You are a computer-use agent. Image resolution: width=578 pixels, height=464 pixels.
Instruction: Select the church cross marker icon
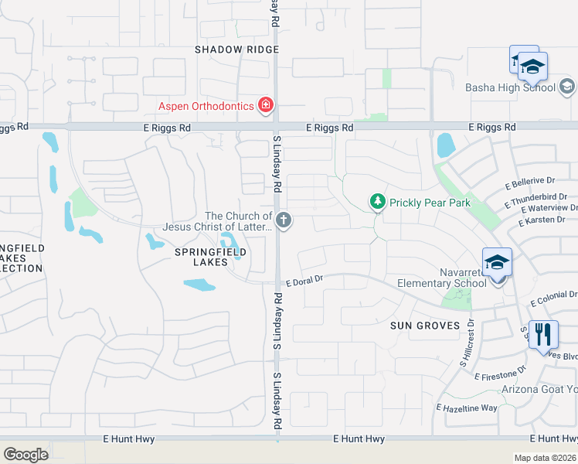(284, 221)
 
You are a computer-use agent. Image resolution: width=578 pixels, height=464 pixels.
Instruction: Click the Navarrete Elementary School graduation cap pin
(497, 262)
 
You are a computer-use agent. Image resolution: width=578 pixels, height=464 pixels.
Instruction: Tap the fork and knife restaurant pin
(543, 335)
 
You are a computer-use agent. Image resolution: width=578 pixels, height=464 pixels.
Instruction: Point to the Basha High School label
(510, 87)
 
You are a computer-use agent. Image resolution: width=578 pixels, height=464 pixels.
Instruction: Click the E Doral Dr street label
(304, 284)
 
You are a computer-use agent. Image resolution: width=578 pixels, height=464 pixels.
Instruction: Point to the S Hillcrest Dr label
(469, 344)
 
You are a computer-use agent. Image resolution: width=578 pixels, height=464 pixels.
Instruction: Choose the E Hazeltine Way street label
(467, 408)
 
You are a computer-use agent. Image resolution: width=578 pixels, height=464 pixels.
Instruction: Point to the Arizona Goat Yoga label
(539, 389)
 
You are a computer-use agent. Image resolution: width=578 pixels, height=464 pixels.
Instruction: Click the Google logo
(25, 455)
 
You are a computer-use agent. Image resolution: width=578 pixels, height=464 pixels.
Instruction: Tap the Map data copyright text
(546, 458)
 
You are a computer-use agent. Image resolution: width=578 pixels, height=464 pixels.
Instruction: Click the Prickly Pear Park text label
(430, 203)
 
